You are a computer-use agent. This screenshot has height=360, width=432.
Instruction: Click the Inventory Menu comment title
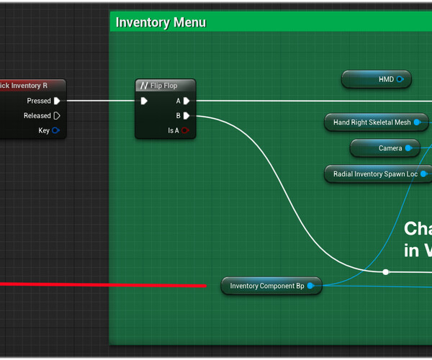[x=161, y=22]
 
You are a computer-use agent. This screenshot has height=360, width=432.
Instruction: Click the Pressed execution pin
[x=57, y=101]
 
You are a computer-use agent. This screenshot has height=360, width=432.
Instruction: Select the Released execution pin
[x=57, y=115]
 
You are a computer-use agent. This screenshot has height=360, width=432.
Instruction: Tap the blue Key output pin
[x=56, y=130]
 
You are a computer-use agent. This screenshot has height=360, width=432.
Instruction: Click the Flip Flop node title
[x=163, y=86]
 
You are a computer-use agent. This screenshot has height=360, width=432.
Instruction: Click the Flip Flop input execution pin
[x=144, y=101]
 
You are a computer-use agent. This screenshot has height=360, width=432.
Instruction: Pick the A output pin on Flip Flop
[x=186, y=101]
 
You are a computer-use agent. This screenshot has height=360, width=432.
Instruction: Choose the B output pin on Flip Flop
[x=186, y=115]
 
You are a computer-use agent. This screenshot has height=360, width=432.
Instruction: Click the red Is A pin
[x=185, y=130]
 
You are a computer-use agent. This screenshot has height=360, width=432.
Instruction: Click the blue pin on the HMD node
[x=400, y=79]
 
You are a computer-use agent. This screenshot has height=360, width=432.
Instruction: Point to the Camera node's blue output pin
[x=408, y=148]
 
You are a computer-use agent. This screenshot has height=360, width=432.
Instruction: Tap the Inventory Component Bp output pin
[x=310, y=286]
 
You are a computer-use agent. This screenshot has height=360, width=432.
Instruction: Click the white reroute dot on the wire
[x=386, y=272]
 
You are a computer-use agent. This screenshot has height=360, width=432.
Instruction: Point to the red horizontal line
[x=101, y=285]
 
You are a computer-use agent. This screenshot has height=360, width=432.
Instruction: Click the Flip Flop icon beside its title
[x=144, y=86]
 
